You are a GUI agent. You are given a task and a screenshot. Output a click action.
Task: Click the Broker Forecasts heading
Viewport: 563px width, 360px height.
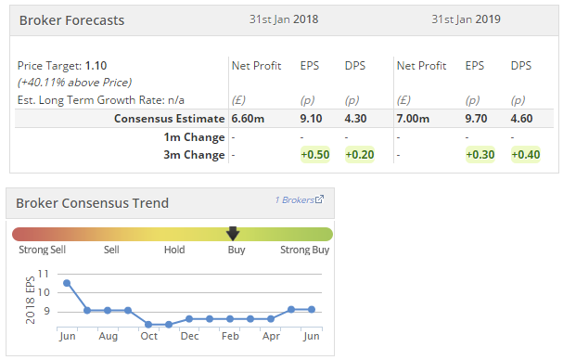point(71,20)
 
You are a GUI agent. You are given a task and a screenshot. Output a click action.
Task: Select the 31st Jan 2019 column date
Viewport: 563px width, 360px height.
point(466,19)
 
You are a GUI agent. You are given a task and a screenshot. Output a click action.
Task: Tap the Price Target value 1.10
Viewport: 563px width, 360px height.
point(96,66)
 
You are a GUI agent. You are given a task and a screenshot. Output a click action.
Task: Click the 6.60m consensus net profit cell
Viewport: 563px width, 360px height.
point(248,119)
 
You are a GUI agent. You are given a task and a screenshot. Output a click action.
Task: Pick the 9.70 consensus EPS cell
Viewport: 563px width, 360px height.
point(476,119)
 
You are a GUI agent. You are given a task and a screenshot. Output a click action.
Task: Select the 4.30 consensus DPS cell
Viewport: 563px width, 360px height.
point(355,119)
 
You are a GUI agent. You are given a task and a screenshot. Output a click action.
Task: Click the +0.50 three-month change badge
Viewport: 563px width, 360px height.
point(315,155)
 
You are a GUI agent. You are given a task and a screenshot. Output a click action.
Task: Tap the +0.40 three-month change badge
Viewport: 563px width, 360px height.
point(526,155)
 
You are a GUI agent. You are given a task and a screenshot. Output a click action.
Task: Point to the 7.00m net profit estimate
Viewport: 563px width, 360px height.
point(413,119)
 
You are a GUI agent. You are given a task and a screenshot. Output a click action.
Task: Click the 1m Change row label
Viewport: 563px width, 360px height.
point(194,137)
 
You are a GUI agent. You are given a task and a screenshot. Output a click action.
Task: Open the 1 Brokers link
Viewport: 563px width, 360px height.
point(300,199)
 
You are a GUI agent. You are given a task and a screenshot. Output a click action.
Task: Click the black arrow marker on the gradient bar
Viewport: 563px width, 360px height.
point(233,234)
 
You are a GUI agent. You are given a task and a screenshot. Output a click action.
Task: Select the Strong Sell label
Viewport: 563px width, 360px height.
point(43,250)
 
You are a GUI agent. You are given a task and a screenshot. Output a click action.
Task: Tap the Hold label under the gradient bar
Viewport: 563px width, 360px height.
point(174,250)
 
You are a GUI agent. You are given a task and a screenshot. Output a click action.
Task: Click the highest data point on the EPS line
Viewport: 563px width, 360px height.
point(67,283)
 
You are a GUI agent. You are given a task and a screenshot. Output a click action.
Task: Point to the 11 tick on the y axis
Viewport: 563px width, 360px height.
point(43,274)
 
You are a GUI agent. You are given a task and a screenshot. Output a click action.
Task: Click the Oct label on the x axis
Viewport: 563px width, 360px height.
point(149,336)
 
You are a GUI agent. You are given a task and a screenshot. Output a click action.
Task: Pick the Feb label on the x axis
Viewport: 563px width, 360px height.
point(230,336)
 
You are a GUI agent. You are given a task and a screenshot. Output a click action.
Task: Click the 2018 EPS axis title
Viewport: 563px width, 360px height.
point(31,300)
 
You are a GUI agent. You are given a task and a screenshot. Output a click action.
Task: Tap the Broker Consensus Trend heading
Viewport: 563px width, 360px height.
point(92,203)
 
